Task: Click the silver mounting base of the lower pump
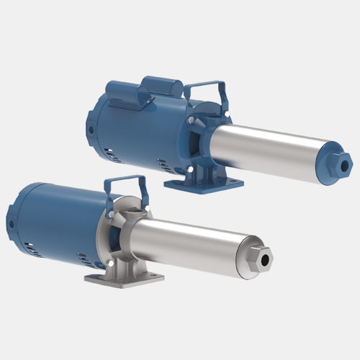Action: click(x=122, y=276)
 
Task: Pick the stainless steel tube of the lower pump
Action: click(x=187, y=238)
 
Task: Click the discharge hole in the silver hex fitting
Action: click(x=267, y=257)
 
